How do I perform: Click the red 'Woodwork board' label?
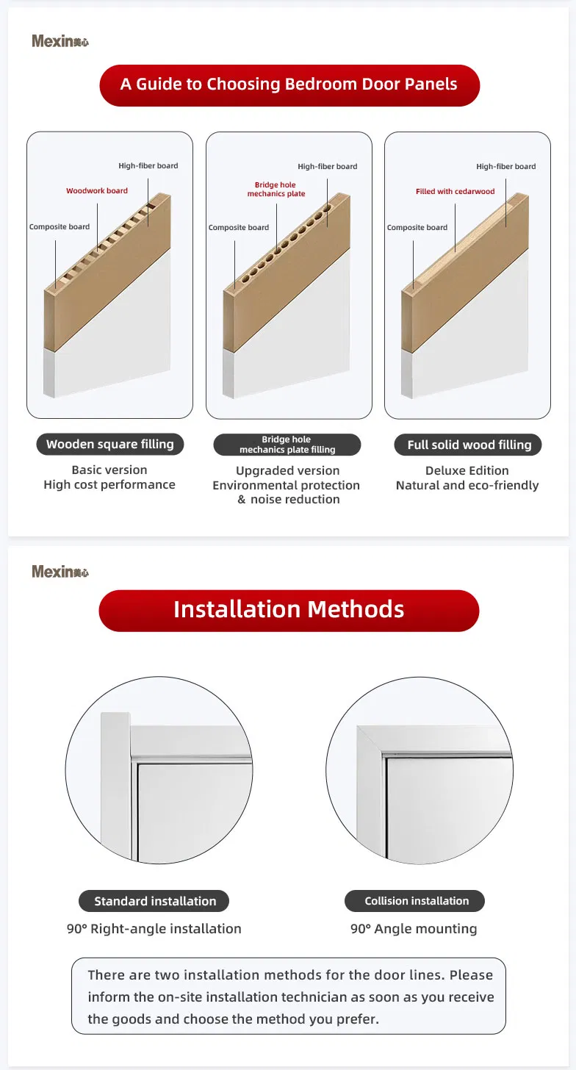97,191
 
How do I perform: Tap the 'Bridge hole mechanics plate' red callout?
276,190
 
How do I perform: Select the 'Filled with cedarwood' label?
455,192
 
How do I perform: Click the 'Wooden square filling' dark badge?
110,444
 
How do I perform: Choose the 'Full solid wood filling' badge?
469,445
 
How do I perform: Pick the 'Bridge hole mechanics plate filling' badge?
287,445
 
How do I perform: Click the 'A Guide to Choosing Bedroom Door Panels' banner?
289,85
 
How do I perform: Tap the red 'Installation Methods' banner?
289,610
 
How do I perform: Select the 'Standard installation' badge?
155,901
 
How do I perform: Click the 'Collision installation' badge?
416,901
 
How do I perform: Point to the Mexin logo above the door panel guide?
60,41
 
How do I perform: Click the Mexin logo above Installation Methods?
60,571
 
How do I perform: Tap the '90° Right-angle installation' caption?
154,929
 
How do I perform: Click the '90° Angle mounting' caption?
414,929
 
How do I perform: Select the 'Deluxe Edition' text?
467,470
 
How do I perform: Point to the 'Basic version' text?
109,470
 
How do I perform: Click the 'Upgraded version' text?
287,470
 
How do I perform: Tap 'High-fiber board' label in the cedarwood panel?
506,167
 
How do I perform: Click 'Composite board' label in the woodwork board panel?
60,227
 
